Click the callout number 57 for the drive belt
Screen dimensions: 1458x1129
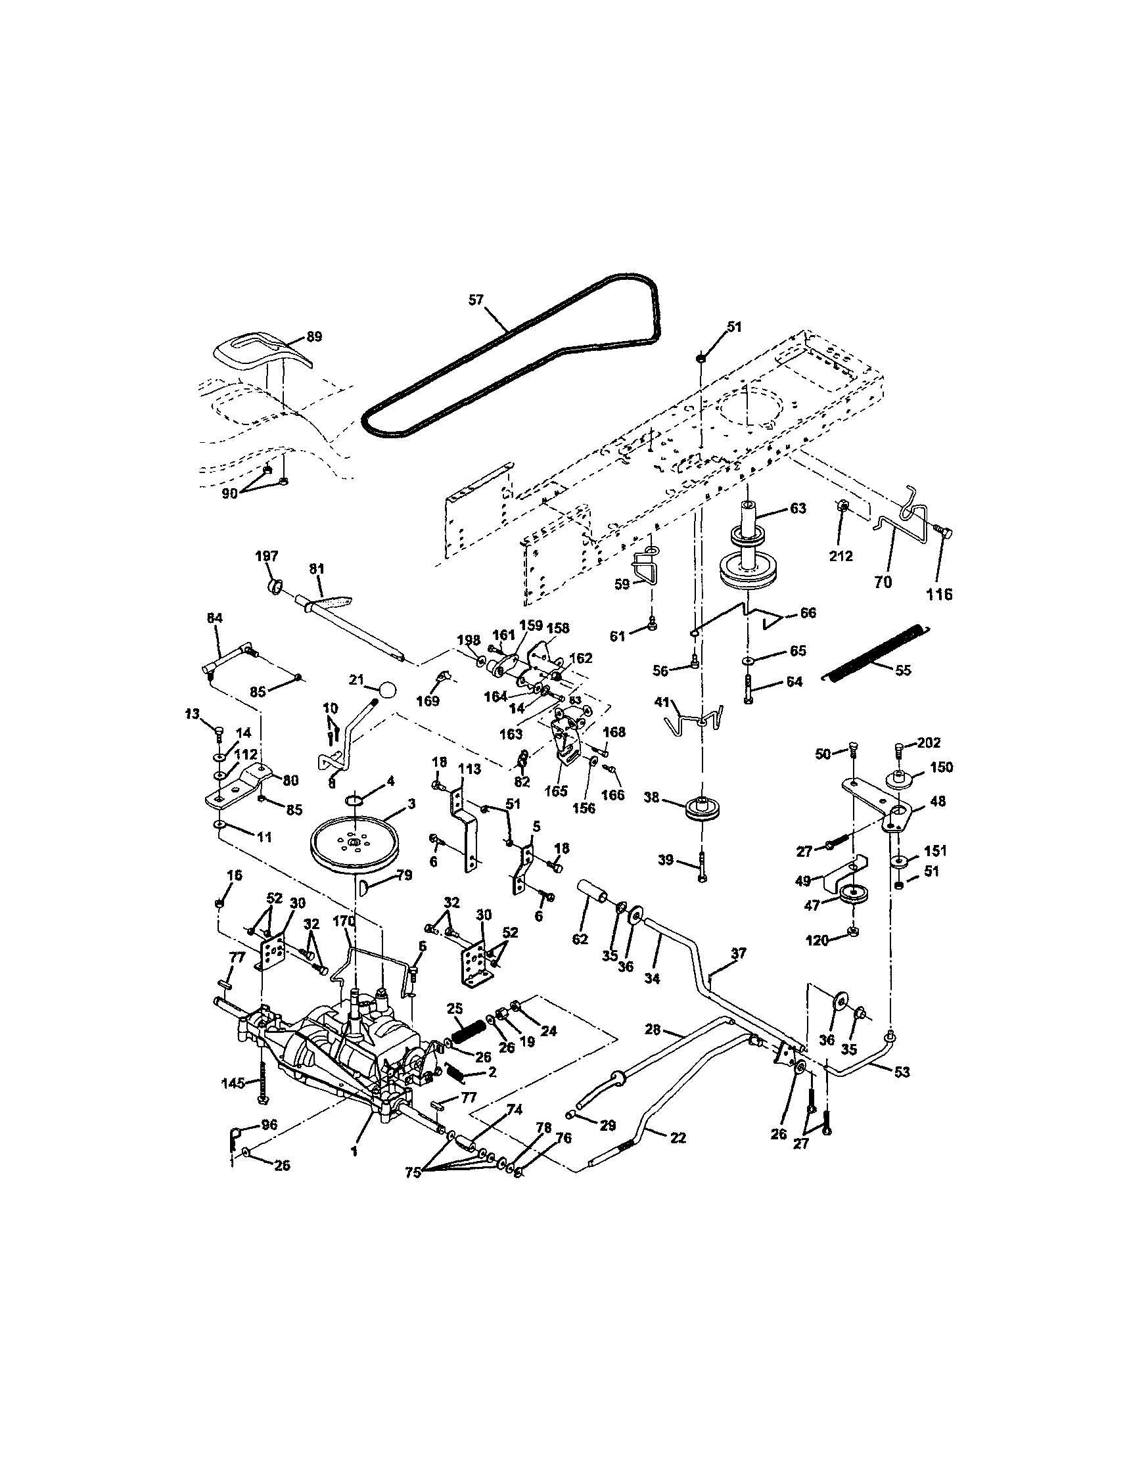[x=474, y=300]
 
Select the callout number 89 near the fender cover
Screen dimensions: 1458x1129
[x=313, y=336]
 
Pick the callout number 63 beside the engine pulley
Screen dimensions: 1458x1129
[x=798, y=508]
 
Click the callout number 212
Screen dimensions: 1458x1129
[x=841, y=555]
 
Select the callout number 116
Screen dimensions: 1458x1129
[x=938, y=594]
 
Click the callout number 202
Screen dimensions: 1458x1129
[x=929, y=742]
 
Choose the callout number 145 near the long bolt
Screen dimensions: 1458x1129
[x=233, y=1082]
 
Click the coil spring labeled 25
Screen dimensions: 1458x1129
[x=465, y=1039]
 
